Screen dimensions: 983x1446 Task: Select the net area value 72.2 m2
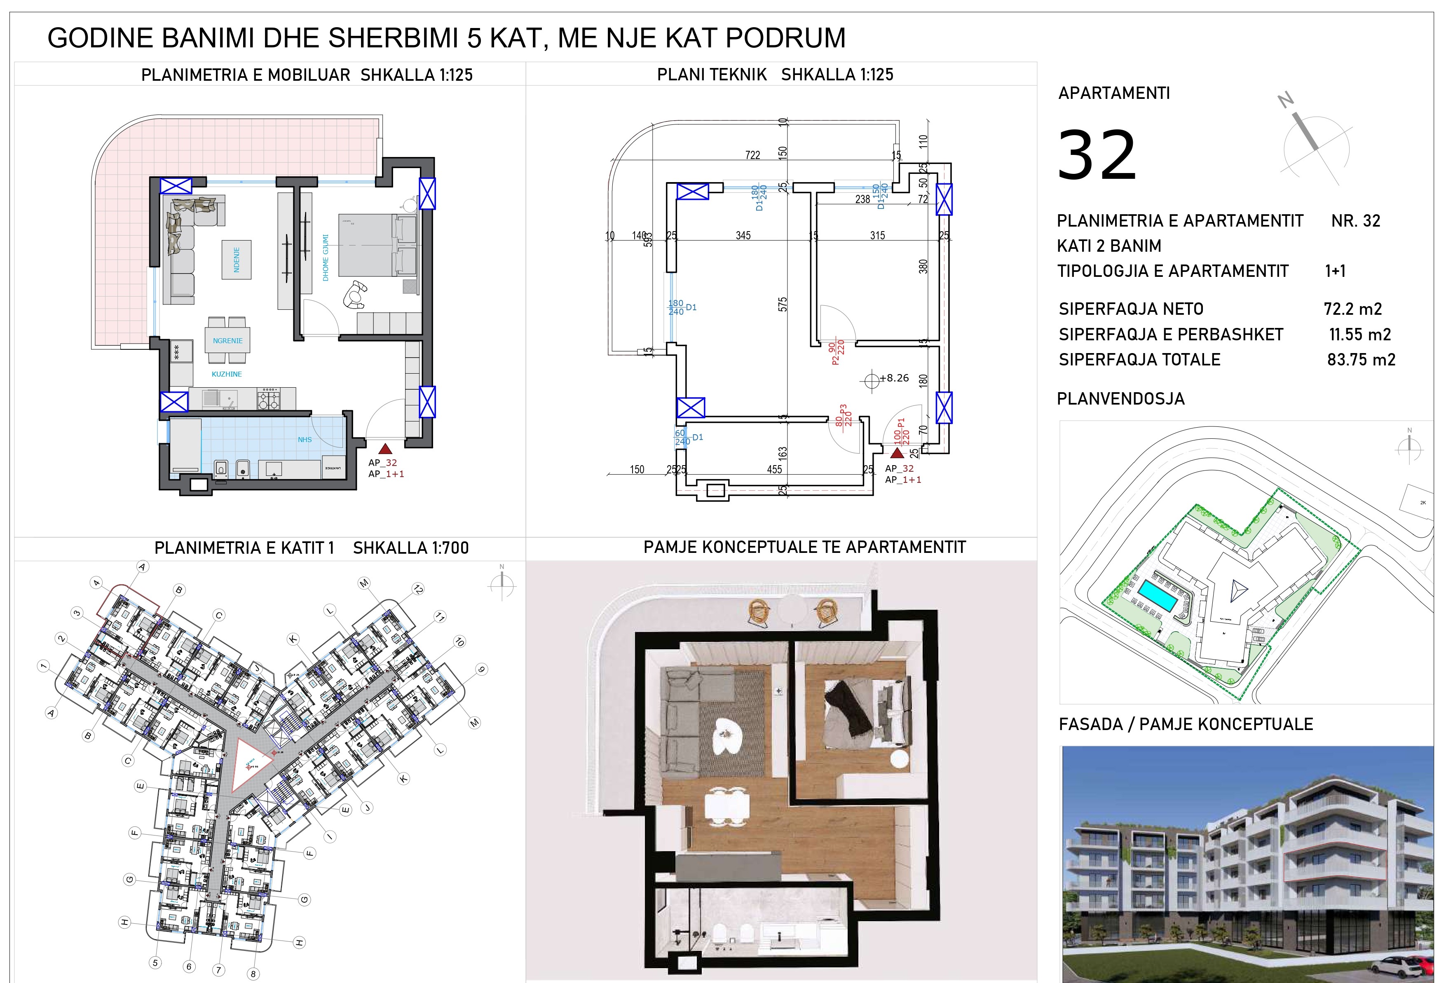pos(1353,309)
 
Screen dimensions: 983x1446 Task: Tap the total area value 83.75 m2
pos(1361,360)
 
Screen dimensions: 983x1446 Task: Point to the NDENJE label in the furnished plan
pos(237,260)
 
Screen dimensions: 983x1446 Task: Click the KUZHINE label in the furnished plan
pos(227,374)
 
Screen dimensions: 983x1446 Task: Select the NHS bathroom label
pos(304,439)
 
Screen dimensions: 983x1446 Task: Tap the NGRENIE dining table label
pos(228,341)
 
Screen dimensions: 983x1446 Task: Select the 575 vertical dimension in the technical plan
pos(783,304)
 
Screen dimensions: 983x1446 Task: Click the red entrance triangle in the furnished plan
pos(385,449)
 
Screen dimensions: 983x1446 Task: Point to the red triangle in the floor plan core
pos(251,764)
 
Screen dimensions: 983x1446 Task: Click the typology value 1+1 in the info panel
pos(1335,271)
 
